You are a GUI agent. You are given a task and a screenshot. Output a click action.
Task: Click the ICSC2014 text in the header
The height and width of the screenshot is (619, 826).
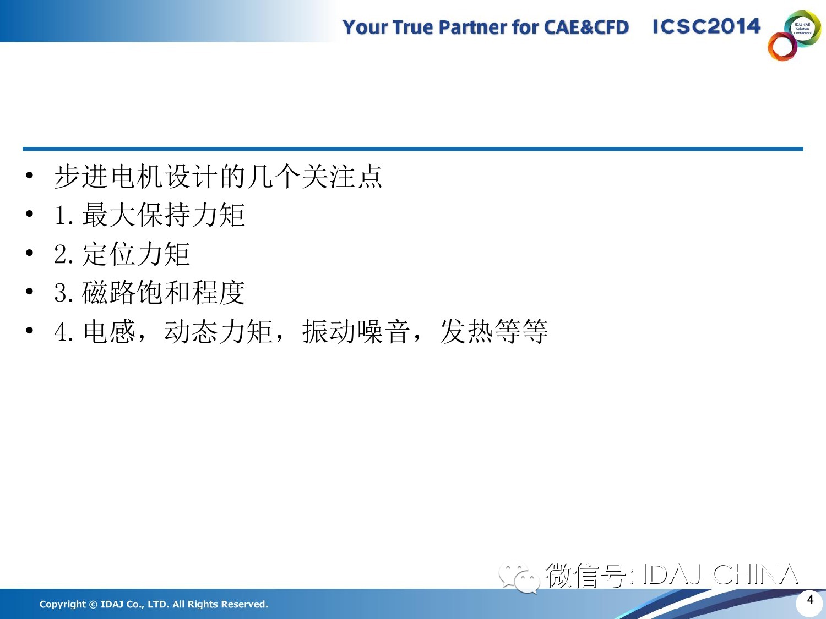707,26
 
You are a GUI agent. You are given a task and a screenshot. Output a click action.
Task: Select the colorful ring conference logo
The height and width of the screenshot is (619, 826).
794,35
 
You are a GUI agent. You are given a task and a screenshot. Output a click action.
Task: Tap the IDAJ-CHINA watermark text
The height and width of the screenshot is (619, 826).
720,574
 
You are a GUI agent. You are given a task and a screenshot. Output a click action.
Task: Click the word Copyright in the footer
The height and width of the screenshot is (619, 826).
62,604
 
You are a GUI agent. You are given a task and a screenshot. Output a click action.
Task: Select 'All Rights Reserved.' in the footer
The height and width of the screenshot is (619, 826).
220,604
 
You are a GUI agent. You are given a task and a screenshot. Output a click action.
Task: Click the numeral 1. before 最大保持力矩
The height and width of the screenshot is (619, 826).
64,215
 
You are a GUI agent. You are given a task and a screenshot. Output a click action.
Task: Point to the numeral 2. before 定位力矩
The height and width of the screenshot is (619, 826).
63,254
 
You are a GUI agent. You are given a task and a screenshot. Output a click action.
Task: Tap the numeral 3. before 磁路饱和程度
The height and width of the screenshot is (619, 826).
63,293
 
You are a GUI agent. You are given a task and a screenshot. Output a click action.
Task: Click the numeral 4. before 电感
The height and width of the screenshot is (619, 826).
63,332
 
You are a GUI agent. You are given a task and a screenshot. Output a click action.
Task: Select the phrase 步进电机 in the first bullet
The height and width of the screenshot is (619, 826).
108,176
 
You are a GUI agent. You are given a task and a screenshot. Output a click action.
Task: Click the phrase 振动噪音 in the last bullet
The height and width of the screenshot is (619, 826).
356,331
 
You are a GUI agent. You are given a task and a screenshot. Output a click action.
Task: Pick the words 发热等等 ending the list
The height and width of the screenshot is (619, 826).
494,331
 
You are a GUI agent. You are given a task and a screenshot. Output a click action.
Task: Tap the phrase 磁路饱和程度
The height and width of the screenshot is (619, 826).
164,292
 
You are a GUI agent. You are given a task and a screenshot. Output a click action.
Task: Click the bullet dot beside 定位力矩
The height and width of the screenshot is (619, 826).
29,253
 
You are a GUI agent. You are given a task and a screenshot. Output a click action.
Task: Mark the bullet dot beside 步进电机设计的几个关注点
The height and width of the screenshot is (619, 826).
29,176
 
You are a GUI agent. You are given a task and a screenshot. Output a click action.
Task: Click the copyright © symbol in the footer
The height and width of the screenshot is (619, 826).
93,604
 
